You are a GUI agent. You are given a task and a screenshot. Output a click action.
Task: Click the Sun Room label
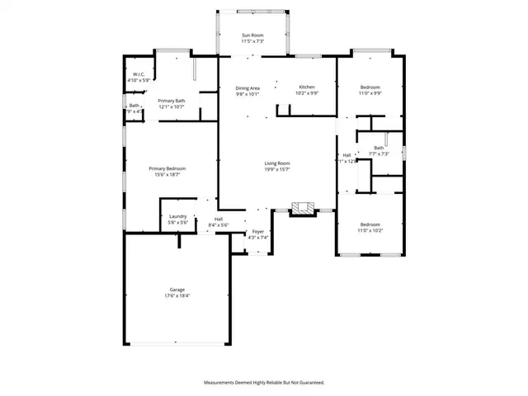252,35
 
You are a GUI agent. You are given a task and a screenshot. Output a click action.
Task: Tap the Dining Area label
247,88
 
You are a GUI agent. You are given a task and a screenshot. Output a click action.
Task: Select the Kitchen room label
307,87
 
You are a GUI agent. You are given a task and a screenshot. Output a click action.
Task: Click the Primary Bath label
172,101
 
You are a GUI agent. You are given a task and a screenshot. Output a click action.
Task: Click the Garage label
177,290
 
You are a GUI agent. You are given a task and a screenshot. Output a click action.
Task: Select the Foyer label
258,232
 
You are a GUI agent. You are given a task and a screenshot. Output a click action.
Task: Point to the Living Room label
276,163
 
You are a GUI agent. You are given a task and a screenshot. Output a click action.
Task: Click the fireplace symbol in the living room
304,209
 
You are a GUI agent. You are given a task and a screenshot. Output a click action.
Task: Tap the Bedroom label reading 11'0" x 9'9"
370,87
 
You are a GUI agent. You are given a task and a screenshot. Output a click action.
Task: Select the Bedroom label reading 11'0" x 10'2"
370,225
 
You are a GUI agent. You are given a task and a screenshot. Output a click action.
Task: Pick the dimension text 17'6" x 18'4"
177,295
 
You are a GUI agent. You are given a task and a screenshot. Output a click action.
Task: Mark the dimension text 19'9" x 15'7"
276,169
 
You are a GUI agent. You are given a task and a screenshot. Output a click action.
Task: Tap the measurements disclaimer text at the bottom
264,383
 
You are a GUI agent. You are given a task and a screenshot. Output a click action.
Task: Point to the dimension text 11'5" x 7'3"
252,40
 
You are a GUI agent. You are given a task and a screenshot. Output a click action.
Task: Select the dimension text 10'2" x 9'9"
307,93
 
